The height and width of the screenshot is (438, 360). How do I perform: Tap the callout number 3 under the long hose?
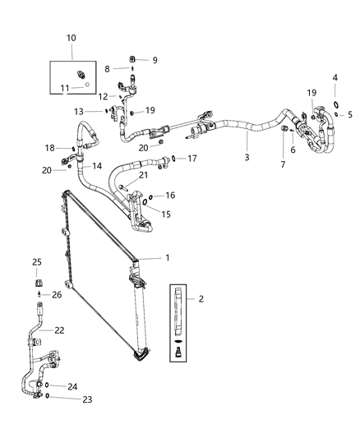(247, 157)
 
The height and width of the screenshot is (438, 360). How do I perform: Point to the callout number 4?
(335, 77)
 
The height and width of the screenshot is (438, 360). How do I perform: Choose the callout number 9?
(153, 60)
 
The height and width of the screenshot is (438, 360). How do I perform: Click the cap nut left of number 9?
(134, 59)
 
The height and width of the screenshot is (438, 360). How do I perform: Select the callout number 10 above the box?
(71, 38)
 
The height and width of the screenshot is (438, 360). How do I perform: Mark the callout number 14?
(97, 165)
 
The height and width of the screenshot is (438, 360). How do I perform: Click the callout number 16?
(170, 196)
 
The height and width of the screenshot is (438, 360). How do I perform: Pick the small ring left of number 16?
(145, 199)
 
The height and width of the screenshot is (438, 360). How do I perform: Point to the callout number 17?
(192, 158)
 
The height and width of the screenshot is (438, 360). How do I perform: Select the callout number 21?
(144, 174)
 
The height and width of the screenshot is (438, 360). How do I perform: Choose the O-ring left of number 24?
(47, 385)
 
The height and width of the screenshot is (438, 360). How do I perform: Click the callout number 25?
(36, 262)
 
